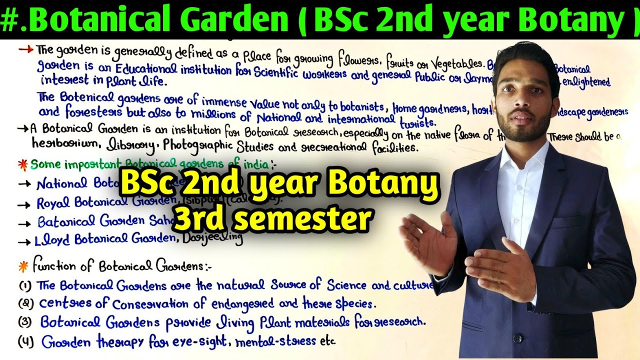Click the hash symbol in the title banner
point(8,20)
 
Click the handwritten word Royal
point(54,203)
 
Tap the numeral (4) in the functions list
point(25,342)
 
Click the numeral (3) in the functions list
point(25,322)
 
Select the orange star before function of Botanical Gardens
point(23,266)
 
